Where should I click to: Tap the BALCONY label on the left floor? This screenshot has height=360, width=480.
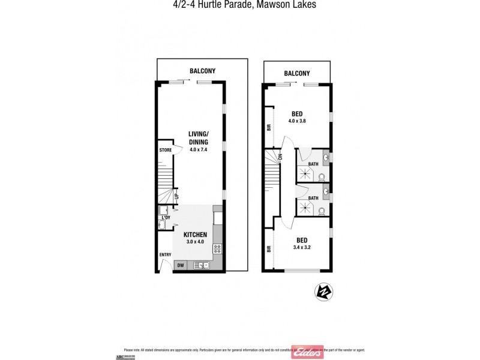(x=202, y=71)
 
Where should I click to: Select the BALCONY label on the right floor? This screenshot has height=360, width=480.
(x=297, y=74)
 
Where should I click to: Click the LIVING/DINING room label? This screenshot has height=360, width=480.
(x=198, y=138)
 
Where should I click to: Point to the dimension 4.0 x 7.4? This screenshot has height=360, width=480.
(x=198, y=150)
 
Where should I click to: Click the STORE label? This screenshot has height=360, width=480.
(x=165, y=150)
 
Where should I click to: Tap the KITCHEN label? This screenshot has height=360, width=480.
(x=196, y=234)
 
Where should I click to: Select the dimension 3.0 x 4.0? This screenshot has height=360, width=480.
(x=196, y=242)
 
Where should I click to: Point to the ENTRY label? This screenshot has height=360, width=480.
(x=165, y=255)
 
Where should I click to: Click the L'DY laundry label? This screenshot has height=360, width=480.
(x=166, y=217)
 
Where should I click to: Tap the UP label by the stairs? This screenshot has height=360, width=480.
(x=176, y=196)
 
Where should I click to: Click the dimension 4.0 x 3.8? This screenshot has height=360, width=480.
(x=297, y=121)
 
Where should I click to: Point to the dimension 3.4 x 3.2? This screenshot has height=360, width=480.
(x=302, y=247)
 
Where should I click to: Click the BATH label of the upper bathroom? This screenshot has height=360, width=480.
(x=313, y=164)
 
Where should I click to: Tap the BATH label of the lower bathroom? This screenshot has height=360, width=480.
(x=313, y=198)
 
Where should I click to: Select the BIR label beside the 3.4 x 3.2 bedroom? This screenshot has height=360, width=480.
(x=269, y=247)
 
